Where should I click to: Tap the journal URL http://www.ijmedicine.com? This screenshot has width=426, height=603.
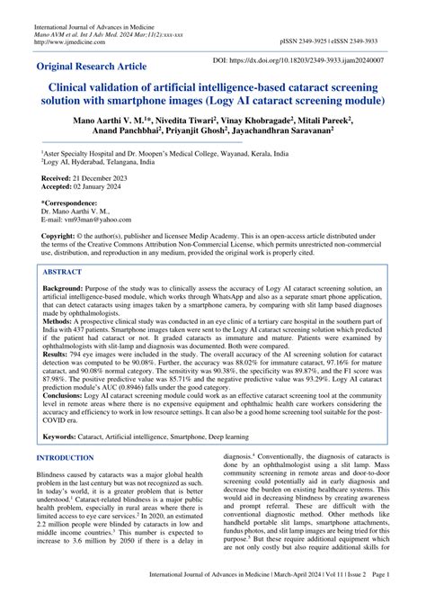[x=68, y=41]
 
